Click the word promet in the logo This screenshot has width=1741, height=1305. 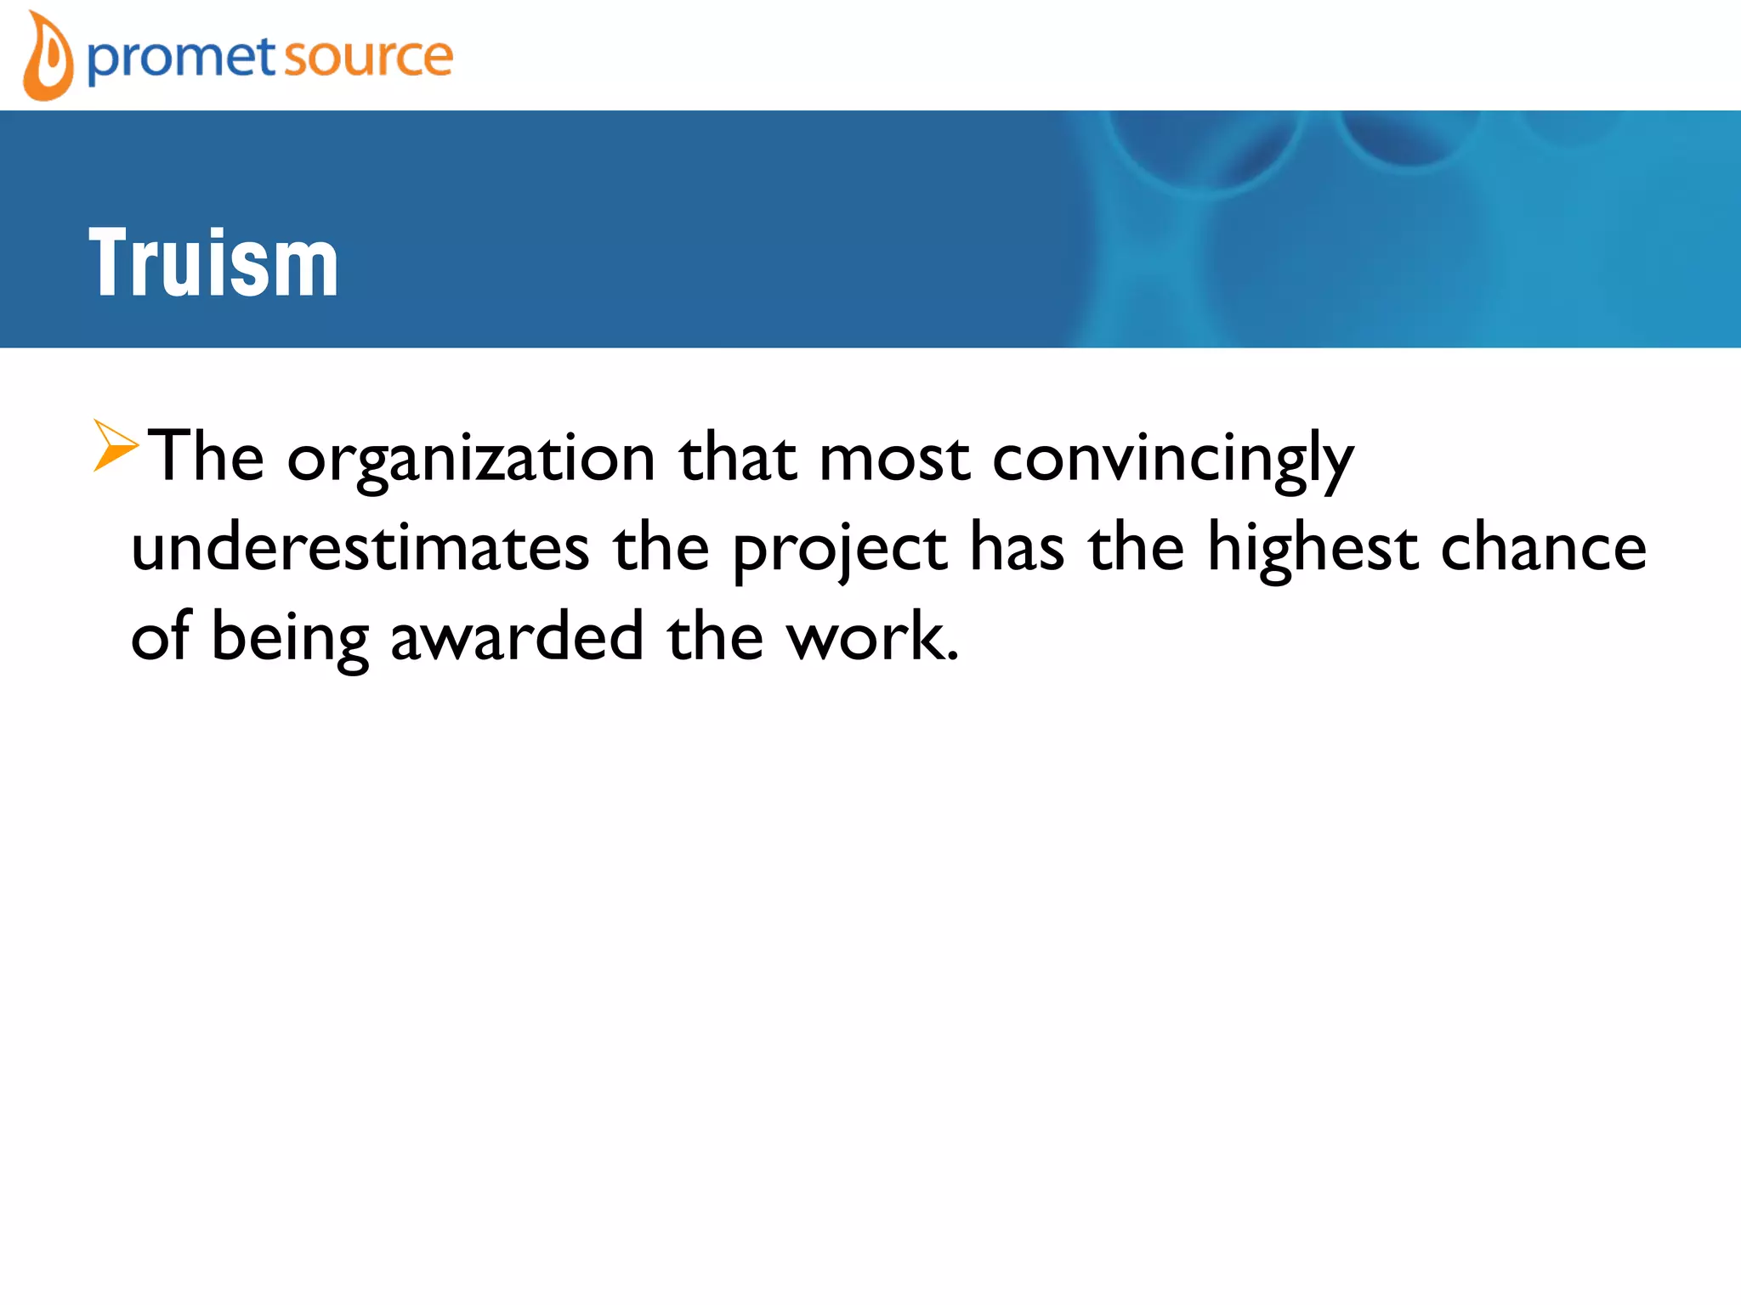tap(181, 58)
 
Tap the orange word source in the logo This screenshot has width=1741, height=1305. tap(367, 58)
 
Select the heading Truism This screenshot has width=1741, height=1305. tap(213, 263)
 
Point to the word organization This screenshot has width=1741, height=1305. tap(471, 460)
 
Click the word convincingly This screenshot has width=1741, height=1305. tap(1172, 460)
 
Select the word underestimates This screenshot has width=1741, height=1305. tap(360, 548)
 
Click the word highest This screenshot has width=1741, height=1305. tap(1313, 548)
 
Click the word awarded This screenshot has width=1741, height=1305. tap(517, 637)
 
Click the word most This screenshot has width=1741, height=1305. tap(893, 460)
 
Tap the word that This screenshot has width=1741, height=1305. tap(737, 460)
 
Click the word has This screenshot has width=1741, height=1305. tap(1017, 548)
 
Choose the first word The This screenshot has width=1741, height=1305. tap(207, 458)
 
